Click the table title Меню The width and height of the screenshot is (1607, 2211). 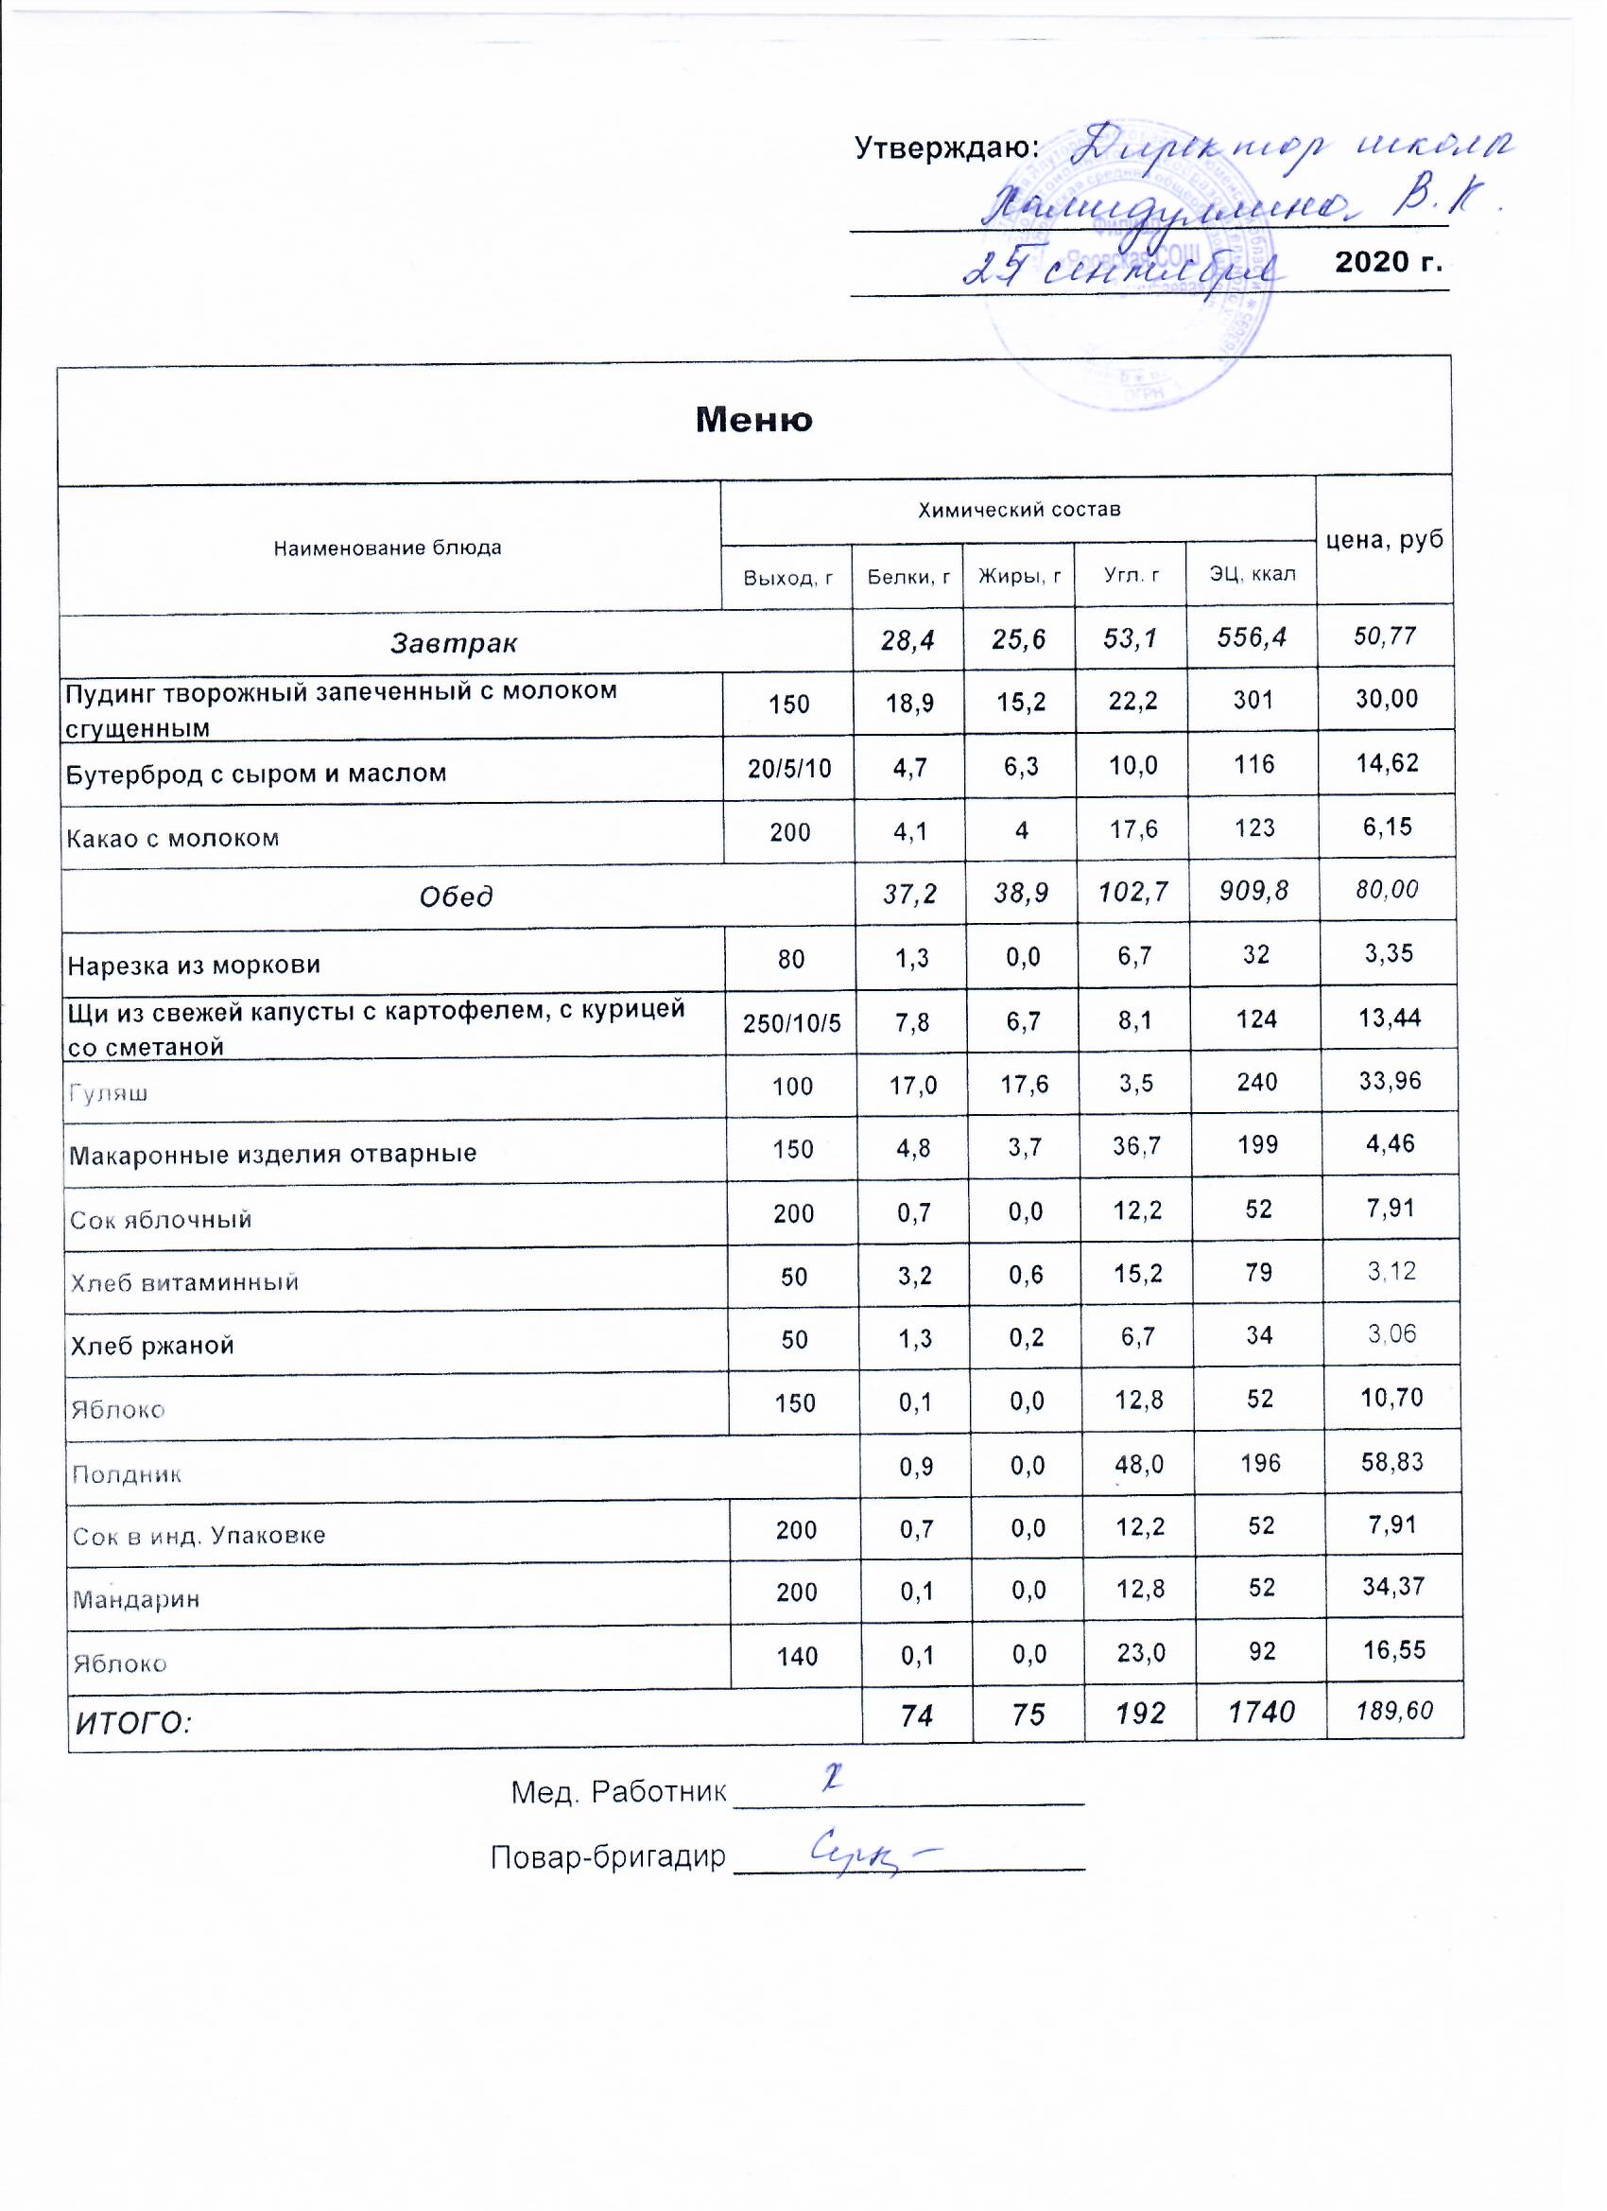click(x=753, y=419)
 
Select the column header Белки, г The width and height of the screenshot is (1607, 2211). click(x=908, y=577)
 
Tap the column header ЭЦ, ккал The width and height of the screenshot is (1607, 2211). click(x=1253, y=574)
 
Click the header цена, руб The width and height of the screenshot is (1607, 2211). click(x=1385, y=540)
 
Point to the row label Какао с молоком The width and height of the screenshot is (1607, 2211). click(x=172, y=838)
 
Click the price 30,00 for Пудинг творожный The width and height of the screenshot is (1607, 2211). click(x=1386, y=699)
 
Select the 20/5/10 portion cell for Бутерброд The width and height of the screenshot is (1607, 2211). click(x=789, y=768)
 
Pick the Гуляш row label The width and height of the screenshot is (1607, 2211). click(x=108, y=1093)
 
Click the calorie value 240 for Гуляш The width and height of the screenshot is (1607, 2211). click(x=1257, y=1082)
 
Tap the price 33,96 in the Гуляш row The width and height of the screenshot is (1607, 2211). click(x=1391, y=1080)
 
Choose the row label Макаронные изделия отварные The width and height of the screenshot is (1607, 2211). click(x=273, y=1155)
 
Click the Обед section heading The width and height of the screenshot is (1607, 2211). click(x=456, y=896)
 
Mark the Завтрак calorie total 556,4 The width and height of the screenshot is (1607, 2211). click(x=1253, y=637)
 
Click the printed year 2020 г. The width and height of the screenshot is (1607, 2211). click(x=1388, y=261)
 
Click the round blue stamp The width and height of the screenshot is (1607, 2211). click(x=1131, y=283)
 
